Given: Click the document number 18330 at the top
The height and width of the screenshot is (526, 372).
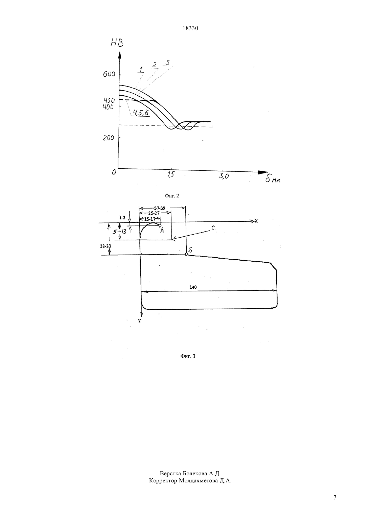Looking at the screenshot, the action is pos(190,28).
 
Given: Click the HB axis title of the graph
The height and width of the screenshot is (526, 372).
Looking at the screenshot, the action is pos(117,43).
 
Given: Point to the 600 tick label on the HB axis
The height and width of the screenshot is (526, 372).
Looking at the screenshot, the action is pos(109,74).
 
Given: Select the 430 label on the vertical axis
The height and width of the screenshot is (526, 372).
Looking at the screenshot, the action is pos(110,100).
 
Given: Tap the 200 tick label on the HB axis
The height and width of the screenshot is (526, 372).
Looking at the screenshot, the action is pos(109,138).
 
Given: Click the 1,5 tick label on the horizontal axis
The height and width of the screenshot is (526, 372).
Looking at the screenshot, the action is pos(171,174).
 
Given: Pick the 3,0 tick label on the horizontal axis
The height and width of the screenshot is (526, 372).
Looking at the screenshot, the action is pos(224,176).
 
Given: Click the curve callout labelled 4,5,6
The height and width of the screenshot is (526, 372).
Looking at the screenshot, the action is pos(141,113).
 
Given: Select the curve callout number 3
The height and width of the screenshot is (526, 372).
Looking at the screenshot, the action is pos(167,63).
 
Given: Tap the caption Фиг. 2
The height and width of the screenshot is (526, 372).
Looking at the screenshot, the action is pos(172,196).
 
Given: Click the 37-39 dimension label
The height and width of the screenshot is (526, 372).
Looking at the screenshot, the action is pos(160,208).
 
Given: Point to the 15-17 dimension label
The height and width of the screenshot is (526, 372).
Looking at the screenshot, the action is pos(150,219).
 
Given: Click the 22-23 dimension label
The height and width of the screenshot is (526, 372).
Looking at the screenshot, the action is pos(106,246).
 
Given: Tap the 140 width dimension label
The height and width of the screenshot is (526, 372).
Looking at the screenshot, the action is pos(193,287).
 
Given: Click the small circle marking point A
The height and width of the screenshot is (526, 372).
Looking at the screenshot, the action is pos(160,225).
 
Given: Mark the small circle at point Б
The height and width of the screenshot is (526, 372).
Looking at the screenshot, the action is pos(186,254).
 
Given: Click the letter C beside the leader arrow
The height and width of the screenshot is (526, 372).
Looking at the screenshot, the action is pos(213,228).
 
